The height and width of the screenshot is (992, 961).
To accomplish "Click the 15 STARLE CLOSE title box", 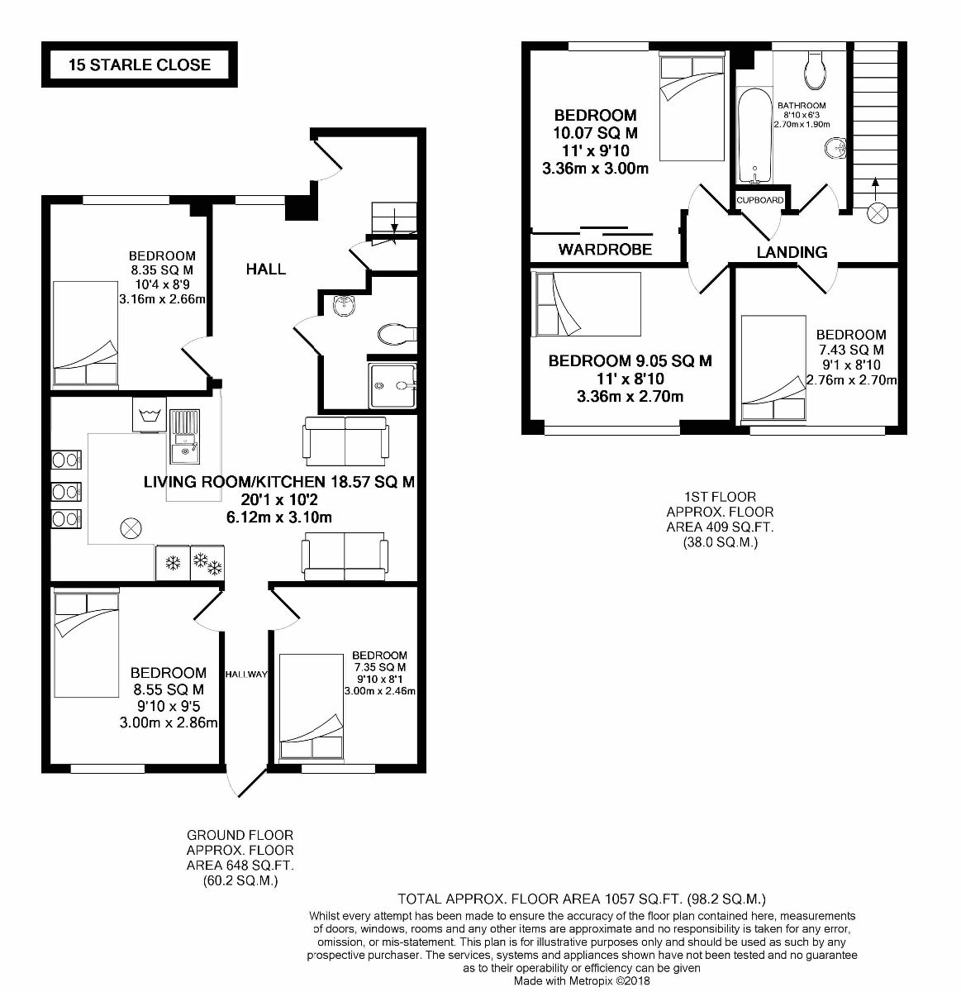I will tap(140, 64).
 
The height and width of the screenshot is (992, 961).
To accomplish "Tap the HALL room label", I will tap(266, 269).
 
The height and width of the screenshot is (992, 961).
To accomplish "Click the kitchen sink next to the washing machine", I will tap(184, 438).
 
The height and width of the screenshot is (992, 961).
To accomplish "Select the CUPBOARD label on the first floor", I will tap(760, 200).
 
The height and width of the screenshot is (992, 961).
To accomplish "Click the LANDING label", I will tap(792, 252).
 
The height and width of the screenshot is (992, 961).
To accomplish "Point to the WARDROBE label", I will tap(605, 249).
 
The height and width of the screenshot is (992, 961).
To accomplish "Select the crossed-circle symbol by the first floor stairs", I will tap(876, 214).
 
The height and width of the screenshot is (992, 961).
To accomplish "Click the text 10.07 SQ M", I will tap(595, 133).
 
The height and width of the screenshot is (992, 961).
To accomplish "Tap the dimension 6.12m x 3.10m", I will tap(279, 517).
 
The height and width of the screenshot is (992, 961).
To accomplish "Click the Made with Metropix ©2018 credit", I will tap(583, 981).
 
